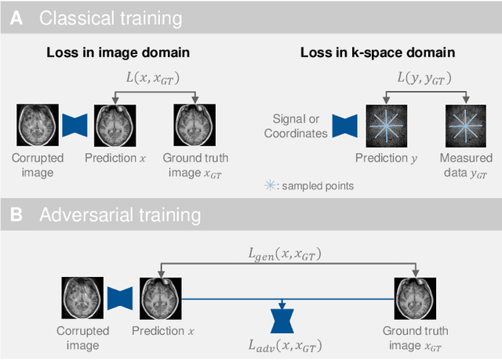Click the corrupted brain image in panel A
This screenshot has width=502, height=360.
[x=33, y=124]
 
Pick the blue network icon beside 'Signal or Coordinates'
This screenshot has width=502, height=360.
[x=344, y=124]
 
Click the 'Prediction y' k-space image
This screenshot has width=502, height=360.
[x=387, y=124]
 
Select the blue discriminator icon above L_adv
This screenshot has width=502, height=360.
[x=281, y=320]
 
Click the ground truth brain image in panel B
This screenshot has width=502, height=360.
[x=413, y=299]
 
